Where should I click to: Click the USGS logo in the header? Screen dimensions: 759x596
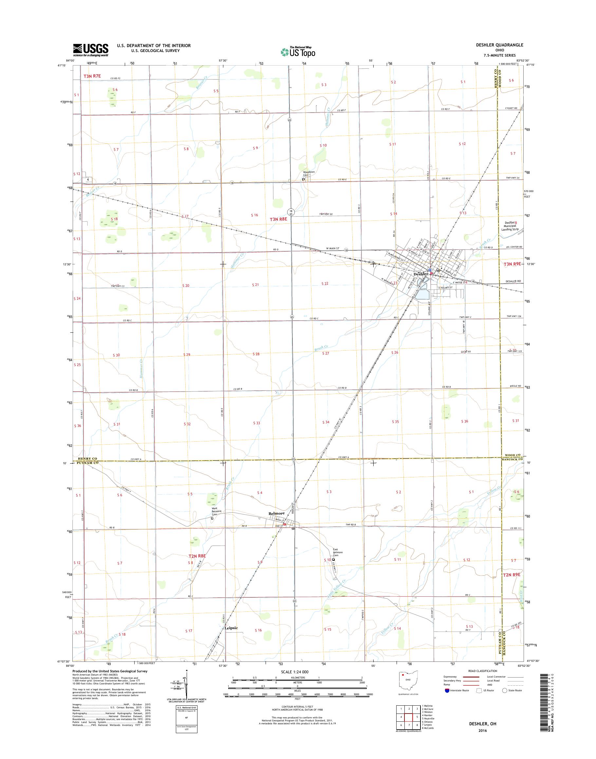coord(90,50)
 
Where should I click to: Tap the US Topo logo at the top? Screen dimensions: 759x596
coord(298,52)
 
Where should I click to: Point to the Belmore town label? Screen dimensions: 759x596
coord(276,514)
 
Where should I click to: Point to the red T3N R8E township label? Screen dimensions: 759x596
coord(278,219)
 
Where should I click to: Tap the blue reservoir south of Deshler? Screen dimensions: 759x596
coord(421,295)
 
